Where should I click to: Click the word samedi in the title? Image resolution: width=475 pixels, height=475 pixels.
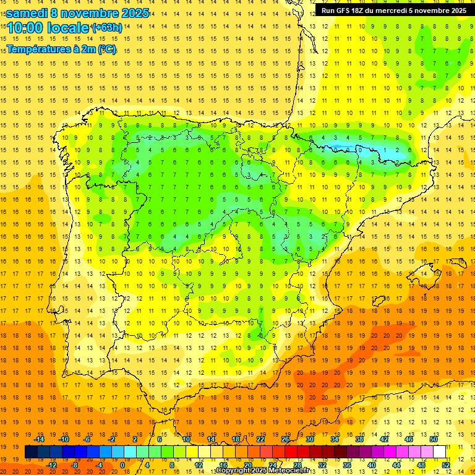coord(28,13)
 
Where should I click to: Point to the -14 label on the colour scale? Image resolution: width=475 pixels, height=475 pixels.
coord(40,439)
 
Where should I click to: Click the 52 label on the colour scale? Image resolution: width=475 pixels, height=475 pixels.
coord(446,465)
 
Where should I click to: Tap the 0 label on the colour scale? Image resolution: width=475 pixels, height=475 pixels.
coord(122,465)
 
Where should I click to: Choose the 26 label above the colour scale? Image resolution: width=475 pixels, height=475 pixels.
coord(285,439)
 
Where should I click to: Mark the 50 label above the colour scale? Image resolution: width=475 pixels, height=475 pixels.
coord(434,439)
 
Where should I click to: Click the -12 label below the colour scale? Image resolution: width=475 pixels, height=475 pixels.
coord(52,465)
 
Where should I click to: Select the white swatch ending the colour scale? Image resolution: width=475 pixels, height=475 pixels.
coord(440,452)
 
